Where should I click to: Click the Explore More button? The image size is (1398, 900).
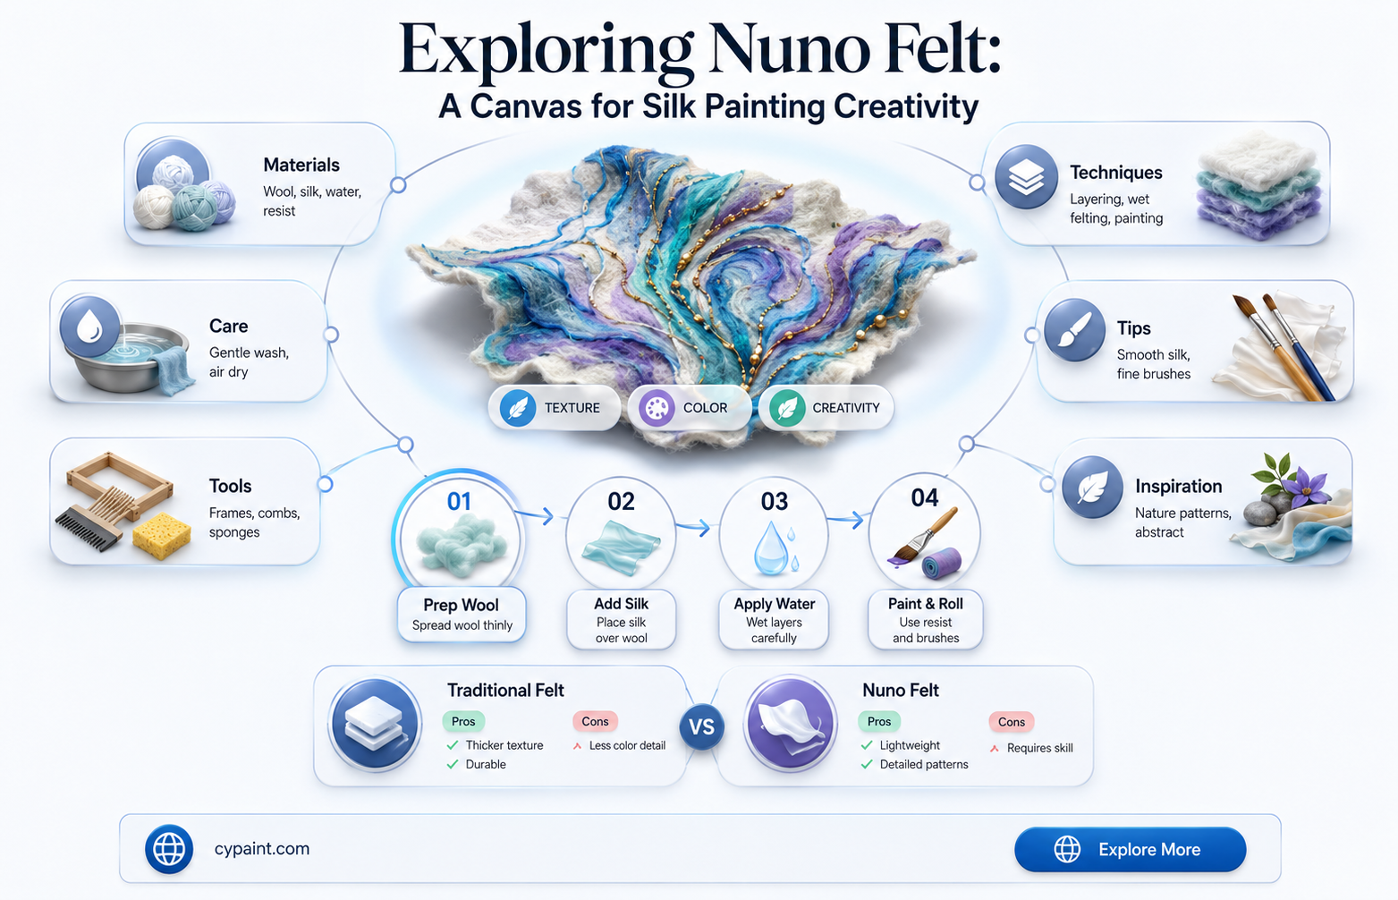(x=1131, y=849)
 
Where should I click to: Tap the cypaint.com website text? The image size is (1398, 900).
(x=262, y=849)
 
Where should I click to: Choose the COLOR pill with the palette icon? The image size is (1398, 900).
(x=690, y=408)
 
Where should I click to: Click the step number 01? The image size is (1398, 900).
(x=459, y=501)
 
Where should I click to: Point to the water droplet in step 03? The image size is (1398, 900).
(x=771, y=548)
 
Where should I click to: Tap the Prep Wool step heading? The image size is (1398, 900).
(x=462, y=605)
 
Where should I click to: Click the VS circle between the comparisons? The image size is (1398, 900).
(x=701, y=726)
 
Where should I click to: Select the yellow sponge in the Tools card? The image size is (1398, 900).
(x=162, y=536)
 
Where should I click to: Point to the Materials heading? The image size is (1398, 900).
(x=301, y=165)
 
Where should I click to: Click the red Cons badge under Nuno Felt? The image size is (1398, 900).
(x=1011, y=721)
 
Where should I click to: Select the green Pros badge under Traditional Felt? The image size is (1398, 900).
(x=463, y=721)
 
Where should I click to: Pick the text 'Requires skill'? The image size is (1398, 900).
(x=1039, y=748)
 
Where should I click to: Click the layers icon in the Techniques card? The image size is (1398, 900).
(x=1026, y=176)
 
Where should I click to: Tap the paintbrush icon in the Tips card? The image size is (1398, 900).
(x=1075, y=329)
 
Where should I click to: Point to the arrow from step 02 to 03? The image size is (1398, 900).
(x=693, y=528)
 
